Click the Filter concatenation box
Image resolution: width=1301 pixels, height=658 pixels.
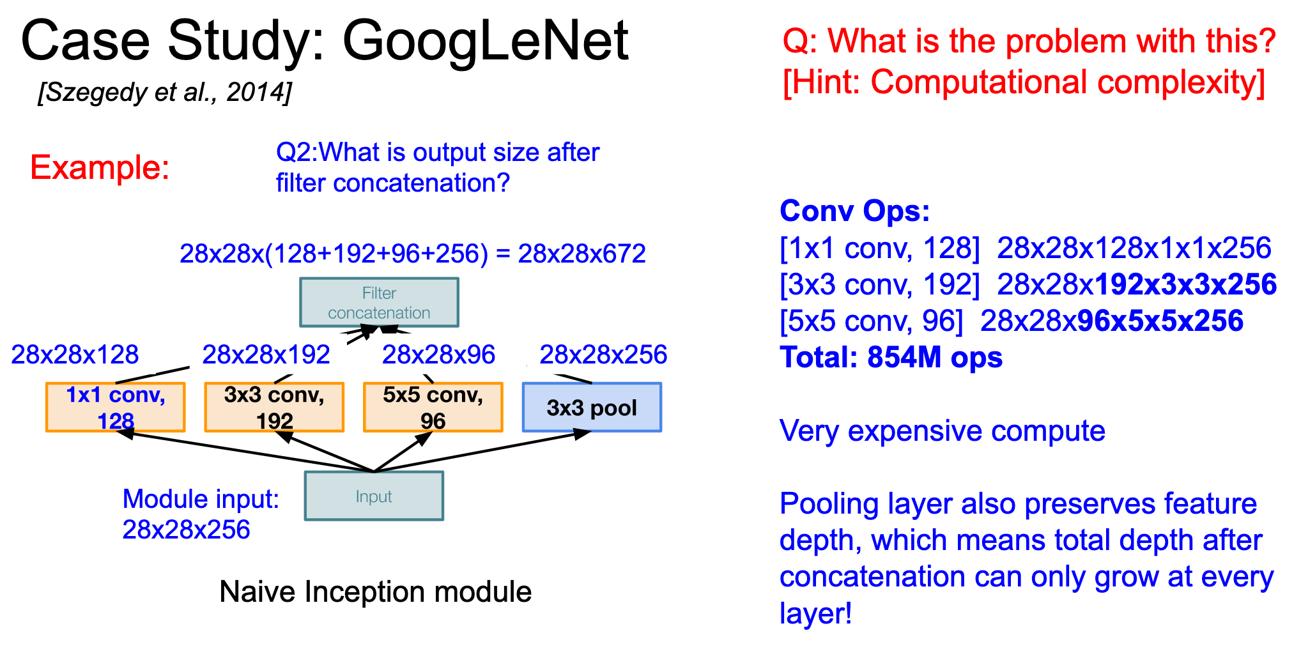[x=379, y=302]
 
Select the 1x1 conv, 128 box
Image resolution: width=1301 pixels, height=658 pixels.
[x=116, y=408]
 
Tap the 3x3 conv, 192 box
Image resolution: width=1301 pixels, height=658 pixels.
[x=274, y=408]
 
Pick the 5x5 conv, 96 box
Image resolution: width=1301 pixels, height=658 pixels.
[x=433, y=408]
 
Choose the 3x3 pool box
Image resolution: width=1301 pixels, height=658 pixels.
[x=592, y=408]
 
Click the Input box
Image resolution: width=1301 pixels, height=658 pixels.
[x=374, y=496]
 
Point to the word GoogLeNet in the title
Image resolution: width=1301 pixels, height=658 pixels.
[x=486, y=41]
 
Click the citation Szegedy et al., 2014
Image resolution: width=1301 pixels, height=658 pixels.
[x=165, y=93]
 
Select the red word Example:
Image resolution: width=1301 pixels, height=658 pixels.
[x=100, y=167]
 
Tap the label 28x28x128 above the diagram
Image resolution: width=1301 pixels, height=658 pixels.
[x=75, y=355]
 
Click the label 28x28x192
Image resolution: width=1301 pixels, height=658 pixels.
[x=266, y=355]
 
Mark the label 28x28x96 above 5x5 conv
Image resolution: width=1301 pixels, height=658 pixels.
[x=438, y=355]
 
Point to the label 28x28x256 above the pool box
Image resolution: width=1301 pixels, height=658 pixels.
[x=603, y=355]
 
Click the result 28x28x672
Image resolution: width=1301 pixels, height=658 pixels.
[x=581, y=254]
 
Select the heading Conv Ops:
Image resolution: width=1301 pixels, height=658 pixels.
[x=855, y=211]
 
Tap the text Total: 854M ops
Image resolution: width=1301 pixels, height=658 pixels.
[x=891, y=357]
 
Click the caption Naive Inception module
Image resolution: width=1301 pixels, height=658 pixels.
[x=376, y=592]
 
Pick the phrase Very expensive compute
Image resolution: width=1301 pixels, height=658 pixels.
[x=943, y=431]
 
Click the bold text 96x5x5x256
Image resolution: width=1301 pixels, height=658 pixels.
[x=1160, y=321]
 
